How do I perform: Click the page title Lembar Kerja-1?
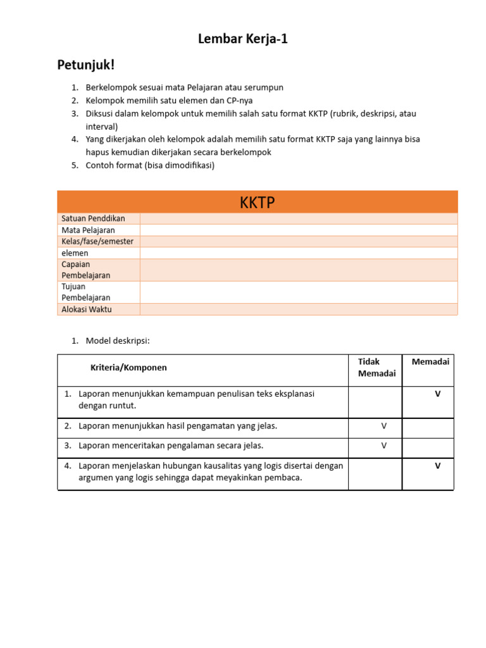[x=243, y=39]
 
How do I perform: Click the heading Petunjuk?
[x=86, y=65]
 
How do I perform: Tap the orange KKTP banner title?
[x=257, y=202]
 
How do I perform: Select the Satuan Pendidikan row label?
[x=93, y=218]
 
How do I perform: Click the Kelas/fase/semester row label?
[x=97, y=242]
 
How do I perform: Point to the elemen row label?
[x=75, y=253]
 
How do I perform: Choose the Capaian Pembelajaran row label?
[x=85, y=270]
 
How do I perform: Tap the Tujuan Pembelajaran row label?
[x=85, y=292]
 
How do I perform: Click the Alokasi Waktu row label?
[x=87, y=309]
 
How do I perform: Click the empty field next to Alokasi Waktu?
[x=298, y=309]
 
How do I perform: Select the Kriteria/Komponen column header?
[x=128, y=368]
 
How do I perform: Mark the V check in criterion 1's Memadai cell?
[x=437, y=394]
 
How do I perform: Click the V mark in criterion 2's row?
[x=383, y=427]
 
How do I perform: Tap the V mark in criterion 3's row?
[x=383, y=445]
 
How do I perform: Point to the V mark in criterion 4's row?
[x=437, y=466]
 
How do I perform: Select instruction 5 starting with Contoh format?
[x=150, y=166]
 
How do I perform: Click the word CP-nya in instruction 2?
[x=239, y=101]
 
